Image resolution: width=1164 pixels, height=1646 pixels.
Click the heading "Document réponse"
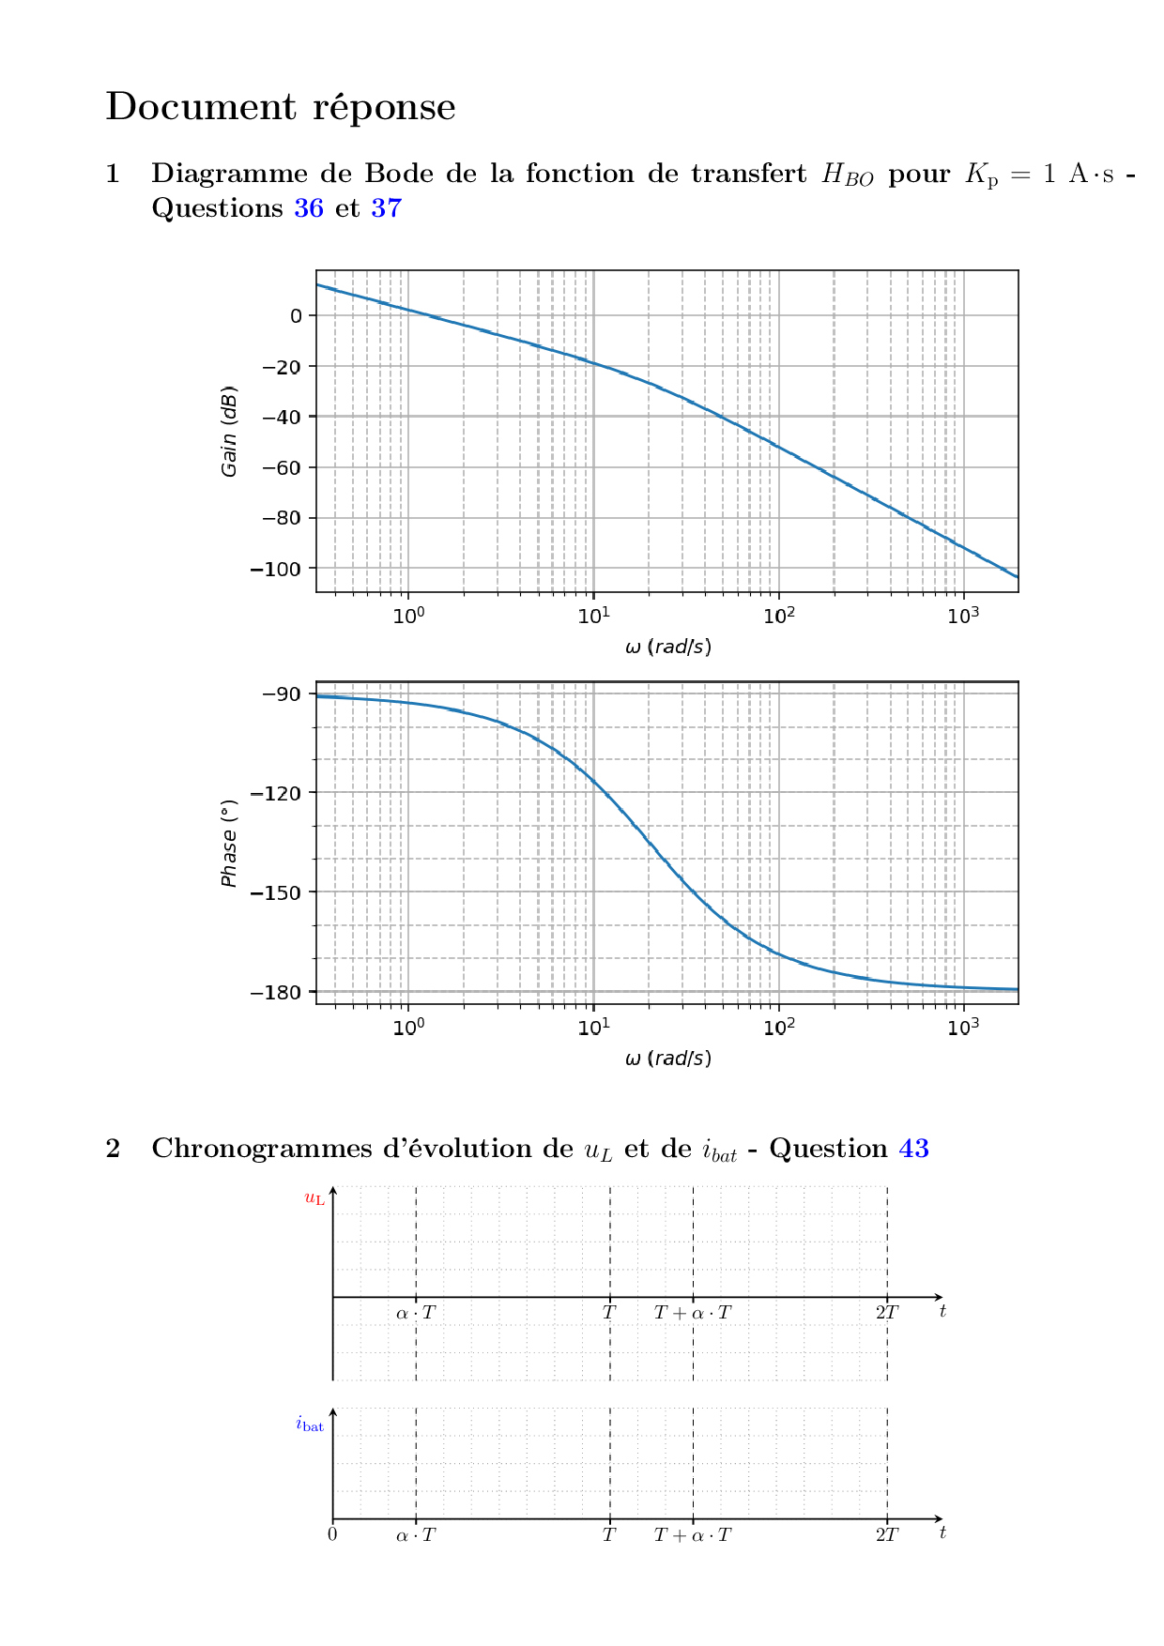pos(281,107)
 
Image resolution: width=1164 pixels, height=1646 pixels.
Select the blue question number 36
pos(309,208)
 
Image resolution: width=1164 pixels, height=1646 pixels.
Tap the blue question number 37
pos(386,208)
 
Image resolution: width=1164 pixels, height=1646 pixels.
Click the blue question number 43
pos(914,1149)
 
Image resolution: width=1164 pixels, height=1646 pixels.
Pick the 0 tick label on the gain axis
pos(297,316)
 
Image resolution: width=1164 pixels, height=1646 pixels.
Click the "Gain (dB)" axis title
pos(229,432)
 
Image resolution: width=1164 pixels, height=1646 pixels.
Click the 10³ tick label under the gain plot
pos(963,616)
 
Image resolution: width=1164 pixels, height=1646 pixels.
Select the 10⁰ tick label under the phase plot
pos(408,1027)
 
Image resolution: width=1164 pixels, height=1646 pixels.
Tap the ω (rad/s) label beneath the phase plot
pos(667,1059)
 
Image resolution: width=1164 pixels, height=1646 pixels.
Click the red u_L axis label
pos(314,1198)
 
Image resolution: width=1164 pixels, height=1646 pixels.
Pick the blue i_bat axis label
pos(310,1425)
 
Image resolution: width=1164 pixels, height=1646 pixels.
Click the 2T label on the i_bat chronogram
pos(887,1535)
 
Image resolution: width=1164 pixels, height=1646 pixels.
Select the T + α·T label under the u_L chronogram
pos(693,1313)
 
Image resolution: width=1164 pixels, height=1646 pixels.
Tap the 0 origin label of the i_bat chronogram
pos(332,1535)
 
